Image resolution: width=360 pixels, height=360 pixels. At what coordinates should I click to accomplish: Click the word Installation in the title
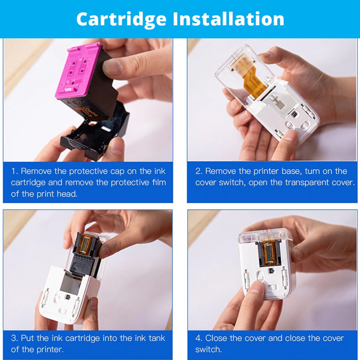[x=229, y=19]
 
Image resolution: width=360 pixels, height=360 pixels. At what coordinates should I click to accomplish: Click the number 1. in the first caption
[x=14, y=172]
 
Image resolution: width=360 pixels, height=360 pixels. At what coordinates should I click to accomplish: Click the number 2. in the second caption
[x=199, y=172]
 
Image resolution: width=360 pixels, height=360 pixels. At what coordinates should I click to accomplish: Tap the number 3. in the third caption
[x=14, y=339]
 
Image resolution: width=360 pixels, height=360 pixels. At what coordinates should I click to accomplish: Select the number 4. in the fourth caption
[x=199, y=339]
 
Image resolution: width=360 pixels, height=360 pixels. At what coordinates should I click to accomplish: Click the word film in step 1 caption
[x=157, y=183]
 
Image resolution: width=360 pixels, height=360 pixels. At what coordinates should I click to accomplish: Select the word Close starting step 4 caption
[x=216, y=339]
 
